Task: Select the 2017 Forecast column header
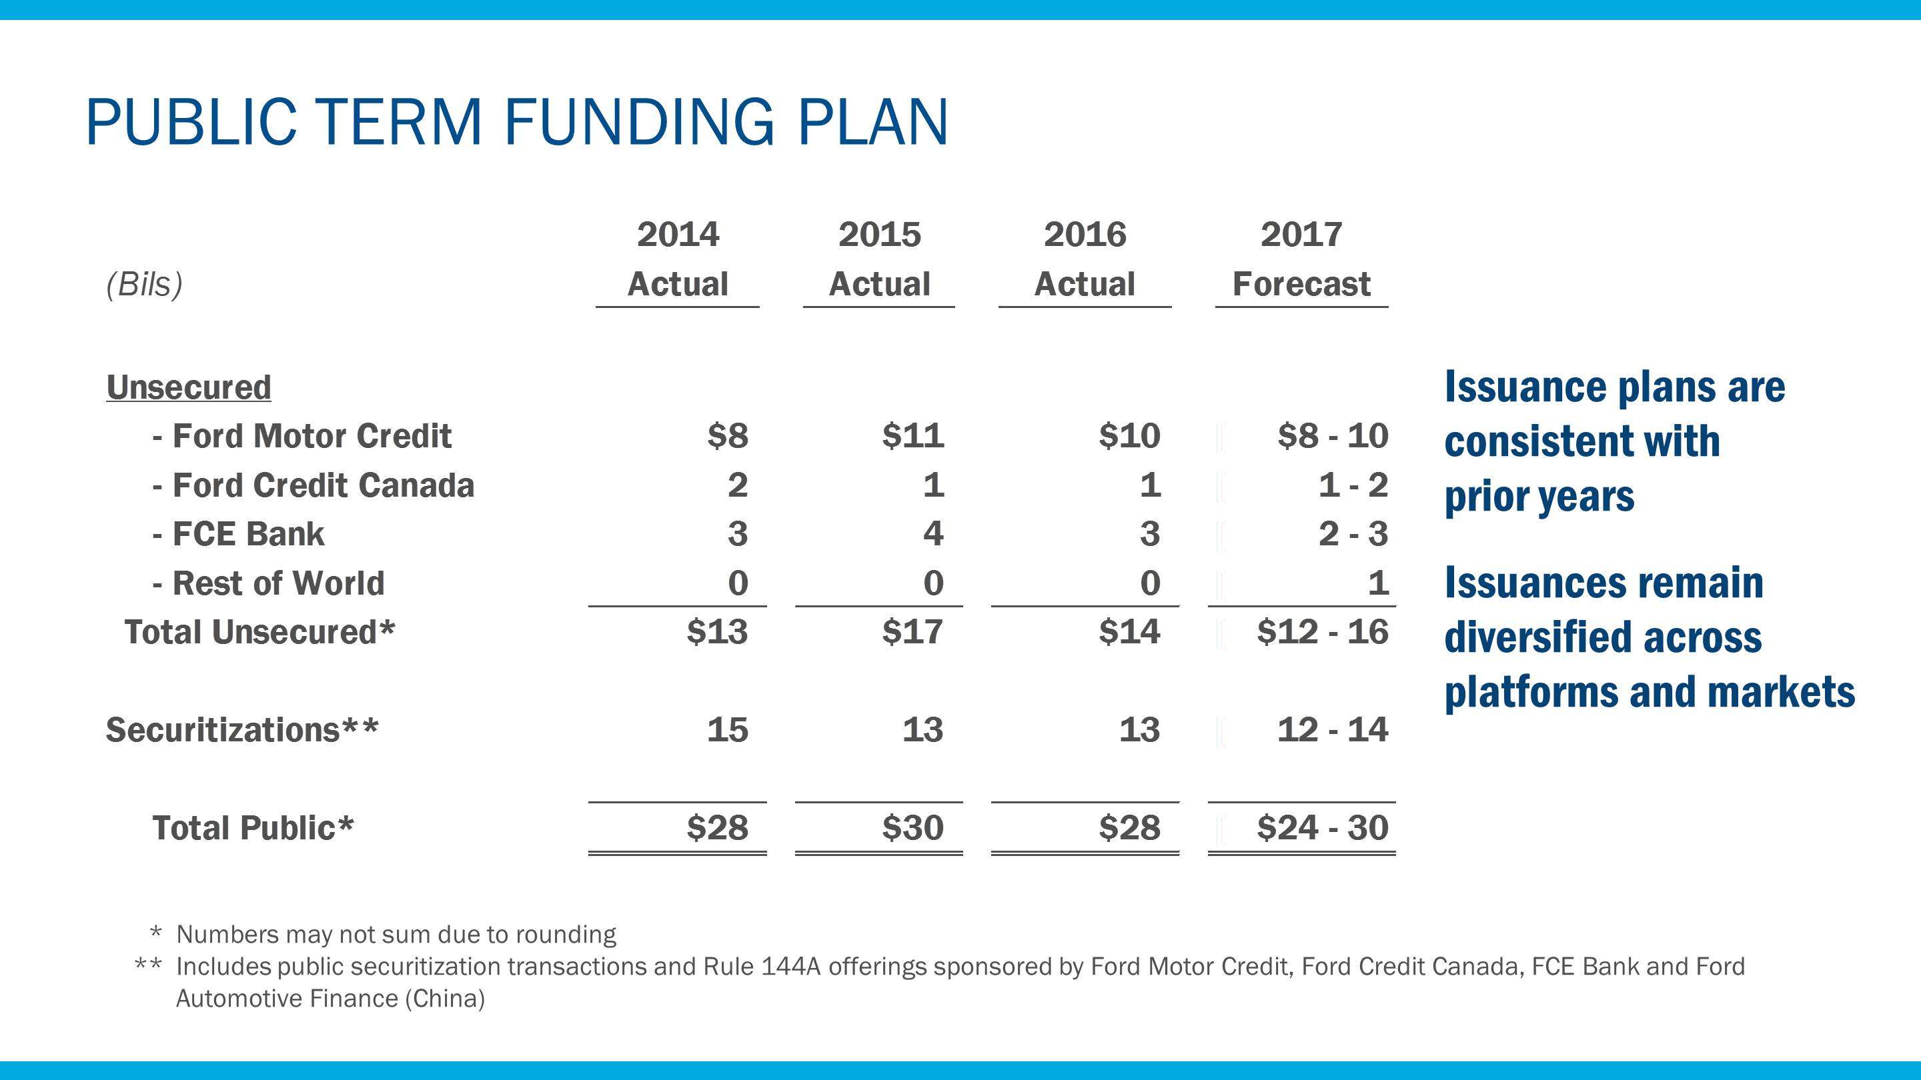click(1301, 259)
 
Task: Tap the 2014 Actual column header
click(677, 259)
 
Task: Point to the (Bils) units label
click(144, 284)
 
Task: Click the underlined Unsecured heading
click(189, 387)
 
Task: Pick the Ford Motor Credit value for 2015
click(912, 435)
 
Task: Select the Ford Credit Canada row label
click(313, 485)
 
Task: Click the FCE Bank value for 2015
click(933, 533)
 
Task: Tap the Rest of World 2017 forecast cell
click(1377, 583)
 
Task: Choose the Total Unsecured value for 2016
click(1129, 632)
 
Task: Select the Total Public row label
click(252, 828)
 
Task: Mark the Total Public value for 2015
click(912, 828)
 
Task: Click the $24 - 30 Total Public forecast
click(1322, 828)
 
